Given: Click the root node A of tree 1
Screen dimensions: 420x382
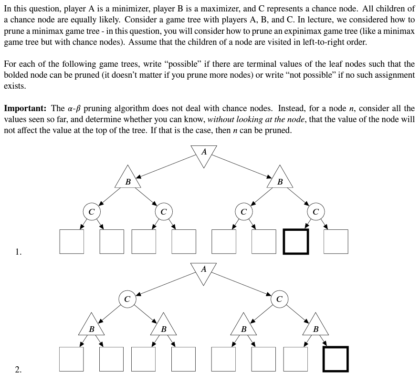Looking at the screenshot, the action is [x=204, y=155].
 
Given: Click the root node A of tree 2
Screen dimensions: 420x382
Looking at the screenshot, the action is [x=204, y=272].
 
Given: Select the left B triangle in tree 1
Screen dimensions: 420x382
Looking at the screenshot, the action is [x=127, y=178].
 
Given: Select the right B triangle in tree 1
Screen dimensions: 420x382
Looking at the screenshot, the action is [x=280, y=178].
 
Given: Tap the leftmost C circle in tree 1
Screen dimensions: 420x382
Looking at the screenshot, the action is [x=92, y=210].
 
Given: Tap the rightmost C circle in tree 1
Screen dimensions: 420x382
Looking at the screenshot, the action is [x=315, y=210].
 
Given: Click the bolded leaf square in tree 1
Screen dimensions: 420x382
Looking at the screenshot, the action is [x=295, y=241].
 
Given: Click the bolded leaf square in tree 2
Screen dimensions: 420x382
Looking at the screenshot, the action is [x=336, y=359].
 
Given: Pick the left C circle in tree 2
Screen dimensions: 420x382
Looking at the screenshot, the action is [x=127, y=299].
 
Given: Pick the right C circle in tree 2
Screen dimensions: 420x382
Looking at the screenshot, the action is [x=280, y=299].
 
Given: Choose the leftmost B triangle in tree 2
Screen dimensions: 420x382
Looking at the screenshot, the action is [x=92, y=326].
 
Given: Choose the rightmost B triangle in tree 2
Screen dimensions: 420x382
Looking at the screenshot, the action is [x=315, y=326].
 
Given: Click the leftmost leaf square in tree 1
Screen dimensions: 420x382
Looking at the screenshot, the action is [x=72, y=241].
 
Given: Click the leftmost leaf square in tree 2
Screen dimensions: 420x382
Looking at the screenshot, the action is [x=72, y=359].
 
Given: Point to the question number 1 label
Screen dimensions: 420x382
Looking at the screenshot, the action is [x=18, y=252].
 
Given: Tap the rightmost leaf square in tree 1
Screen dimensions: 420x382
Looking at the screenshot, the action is [x=336, y=241].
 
